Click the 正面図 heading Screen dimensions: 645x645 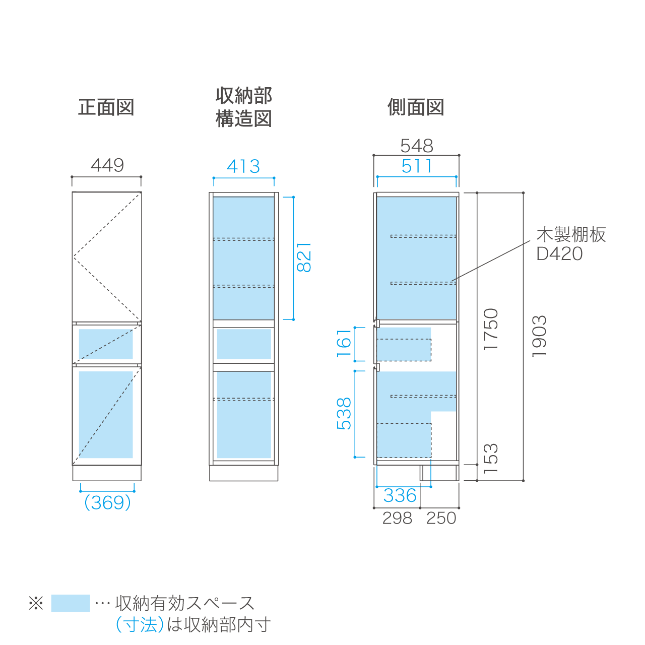pos(106,107)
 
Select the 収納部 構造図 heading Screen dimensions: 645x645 pos(243,107)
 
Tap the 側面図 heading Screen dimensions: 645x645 pos(416,107)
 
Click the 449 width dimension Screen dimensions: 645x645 pos(107,165)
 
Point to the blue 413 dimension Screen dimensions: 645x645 pos(243,166)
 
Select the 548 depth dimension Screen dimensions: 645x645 pos(417,146)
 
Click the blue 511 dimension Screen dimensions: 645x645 pos(417,166)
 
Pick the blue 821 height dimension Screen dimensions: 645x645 pos(304,257)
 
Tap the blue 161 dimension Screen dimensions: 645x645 pos(344,344)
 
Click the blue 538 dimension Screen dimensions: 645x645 pos(344,414)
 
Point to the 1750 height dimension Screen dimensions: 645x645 pos(491,330)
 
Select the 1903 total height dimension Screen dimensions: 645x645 pos(539,336)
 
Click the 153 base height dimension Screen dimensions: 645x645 pos(491,458)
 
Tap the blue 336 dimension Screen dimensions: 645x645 pos(400,495)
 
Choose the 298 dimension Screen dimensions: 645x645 pos(397,518)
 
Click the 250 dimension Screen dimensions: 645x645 pos(441,518)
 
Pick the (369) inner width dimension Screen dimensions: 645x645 pos(107,503)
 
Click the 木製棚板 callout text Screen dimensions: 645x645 pos(571,235)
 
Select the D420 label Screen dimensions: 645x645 pos(559,253)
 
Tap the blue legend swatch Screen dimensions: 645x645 pos(71,603)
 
